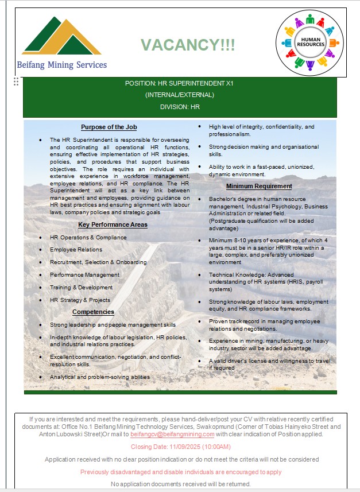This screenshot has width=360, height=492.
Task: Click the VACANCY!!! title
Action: coord(188,45)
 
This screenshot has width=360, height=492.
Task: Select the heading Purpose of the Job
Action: coord(109,127)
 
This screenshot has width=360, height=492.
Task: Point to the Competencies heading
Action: coord(93,312)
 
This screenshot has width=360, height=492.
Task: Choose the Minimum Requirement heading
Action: coord(259,186)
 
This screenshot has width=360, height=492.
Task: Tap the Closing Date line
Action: coord(181,447)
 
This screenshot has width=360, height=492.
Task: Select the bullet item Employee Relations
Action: coord(76,250)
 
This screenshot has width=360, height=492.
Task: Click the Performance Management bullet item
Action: coord(84,275)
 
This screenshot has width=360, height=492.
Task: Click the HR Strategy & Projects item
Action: coord(80,300)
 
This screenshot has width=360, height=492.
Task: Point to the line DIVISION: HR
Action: coord(180,107)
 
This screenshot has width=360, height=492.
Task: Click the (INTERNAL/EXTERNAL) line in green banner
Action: coord(180,95)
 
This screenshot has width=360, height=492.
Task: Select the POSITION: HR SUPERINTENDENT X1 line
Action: coord(180,83)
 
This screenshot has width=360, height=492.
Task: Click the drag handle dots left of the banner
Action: coord(16,82)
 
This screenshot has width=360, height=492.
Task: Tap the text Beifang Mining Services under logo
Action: coord(62,65)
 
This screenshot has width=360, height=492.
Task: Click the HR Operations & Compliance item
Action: coord(88,237)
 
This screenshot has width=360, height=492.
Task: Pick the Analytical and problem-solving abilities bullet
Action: coord(100,377)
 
